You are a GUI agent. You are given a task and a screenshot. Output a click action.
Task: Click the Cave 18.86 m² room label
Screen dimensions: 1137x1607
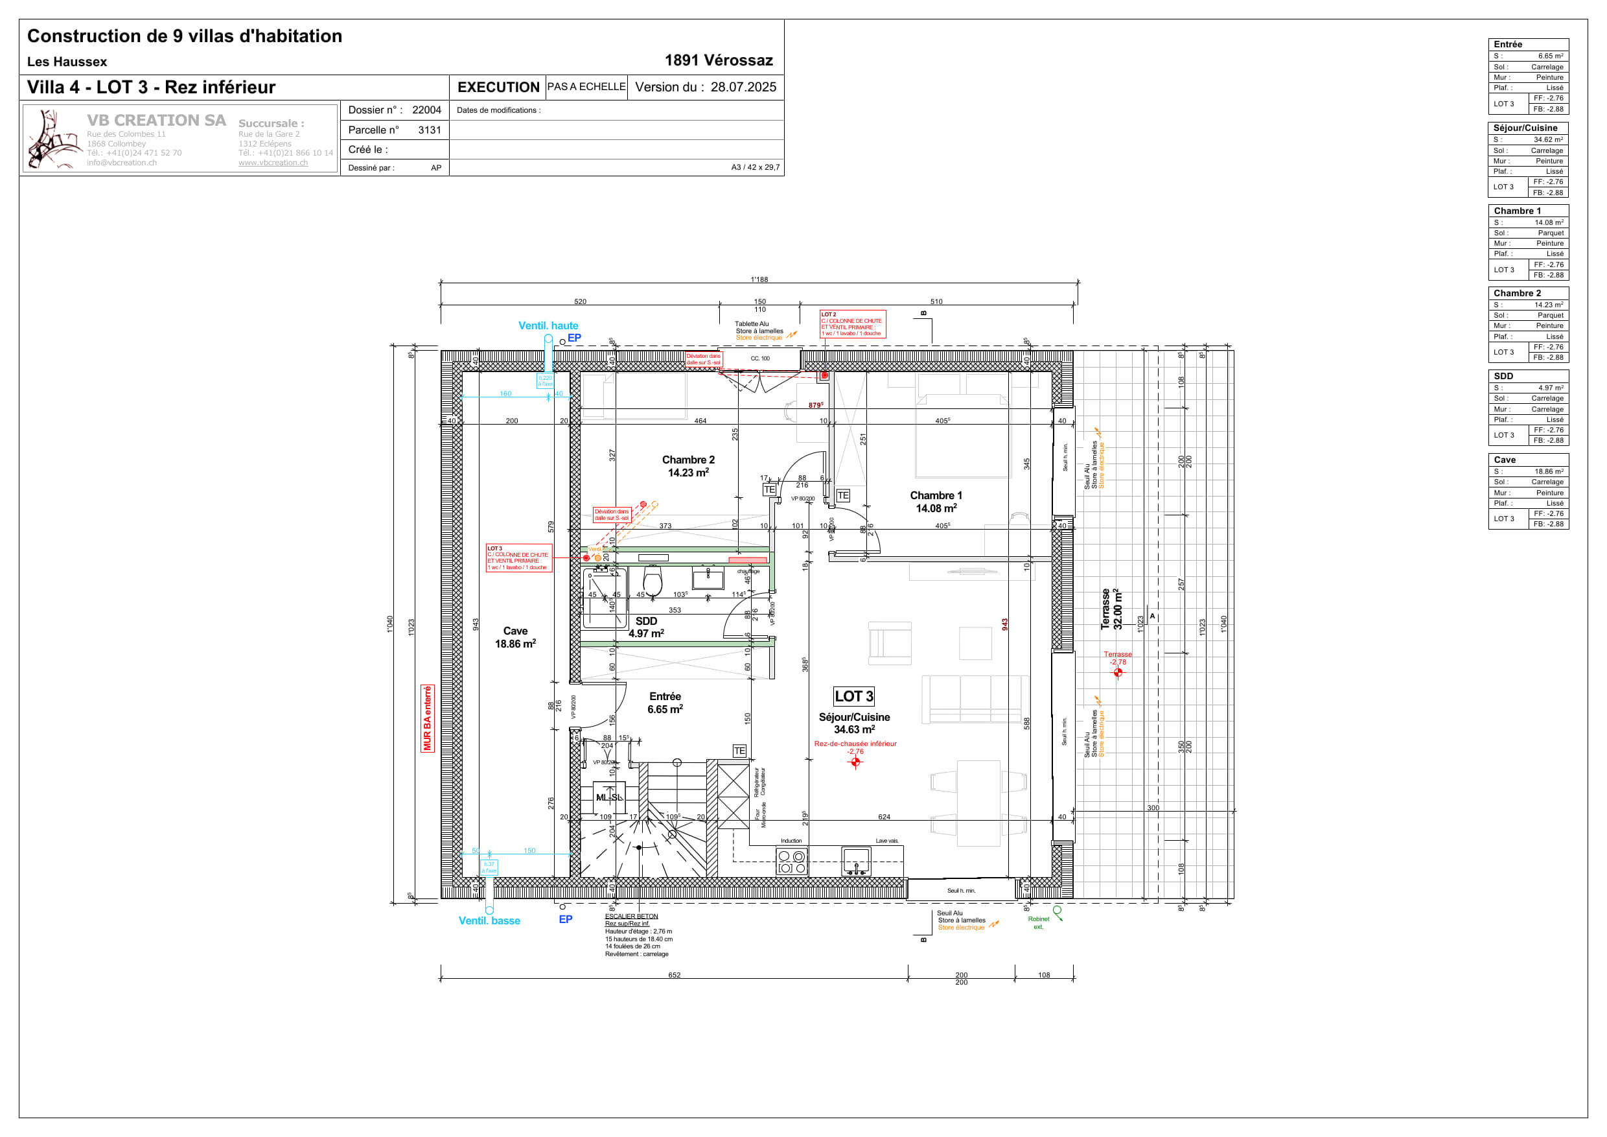[x=515, y=637]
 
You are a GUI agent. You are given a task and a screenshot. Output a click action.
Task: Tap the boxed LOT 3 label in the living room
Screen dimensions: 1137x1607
[x=853, y=696]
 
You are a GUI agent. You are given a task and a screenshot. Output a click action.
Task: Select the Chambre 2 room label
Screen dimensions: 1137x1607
[x=688, y=465]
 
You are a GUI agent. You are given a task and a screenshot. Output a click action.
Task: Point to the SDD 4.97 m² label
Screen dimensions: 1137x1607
[x=646, y=627]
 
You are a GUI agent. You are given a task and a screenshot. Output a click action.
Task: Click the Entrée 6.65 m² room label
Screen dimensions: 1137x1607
[x=665, y=702]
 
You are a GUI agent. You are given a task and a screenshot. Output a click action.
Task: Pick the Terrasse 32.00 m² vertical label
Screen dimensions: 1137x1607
[x=1111, y=609]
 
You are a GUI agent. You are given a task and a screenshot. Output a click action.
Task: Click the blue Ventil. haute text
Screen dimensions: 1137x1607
[x=548, y=325]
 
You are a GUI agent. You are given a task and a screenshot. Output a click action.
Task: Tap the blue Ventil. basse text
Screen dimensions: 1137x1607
[x=489, y=920]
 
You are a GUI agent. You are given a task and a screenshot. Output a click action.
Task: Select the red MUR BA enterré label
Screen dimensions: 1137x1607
[x=428, y=718]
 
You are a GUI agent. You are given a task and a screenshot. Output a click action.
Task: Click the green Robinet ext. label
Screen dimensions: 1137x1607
[x=1038, y=923]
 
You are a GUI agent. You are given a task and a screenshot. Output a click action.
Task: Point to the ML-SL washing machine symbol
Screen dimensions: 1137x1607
[x=609, y=797]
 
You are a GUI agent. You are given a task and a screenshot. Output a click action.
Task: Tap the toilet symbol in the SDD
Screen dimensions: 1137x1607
[x=653, y=581]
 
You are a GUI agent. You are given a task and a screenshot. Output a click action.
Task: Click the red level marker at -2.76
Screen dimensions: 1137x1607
[x=855, y=762]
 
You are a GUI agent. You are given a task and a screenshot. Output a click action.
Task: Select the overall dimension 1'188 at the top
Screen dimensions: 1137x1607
[x=759, y=279]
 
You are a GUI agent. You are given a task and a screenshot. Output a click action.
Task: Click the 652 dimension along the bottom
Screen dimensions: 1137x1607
[x=674, y=974]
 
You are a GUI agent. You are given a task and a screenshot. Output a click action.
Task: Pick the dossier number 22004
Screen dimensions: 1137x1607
[x=426, y=110]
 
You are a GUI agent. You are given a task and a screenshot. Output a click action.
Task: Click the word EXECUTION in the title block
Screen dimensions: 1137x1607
[x=498, y=88]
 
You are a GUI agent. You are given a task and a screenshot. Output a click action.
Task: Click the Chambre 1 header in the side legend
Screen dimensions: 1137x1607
[x=1517, y=211]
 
